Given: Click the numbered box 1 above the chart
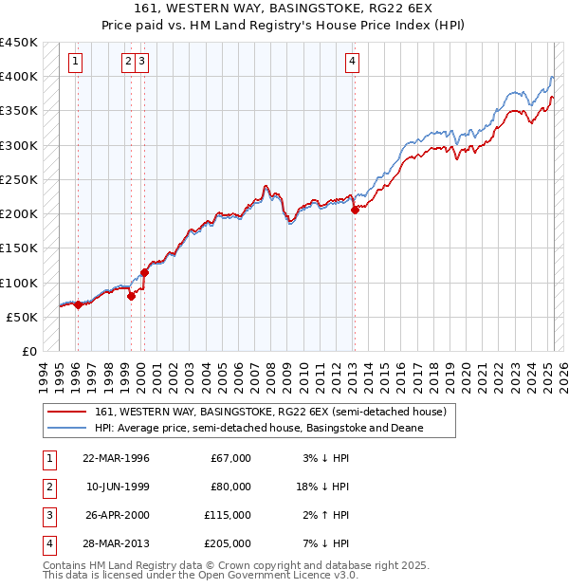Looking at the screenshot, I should click(x=75, y=63).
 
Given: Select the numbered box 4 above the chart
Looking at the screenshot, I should click(x=352, y=63).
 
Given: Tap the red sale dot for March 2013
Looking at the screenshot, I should click(x=355, y=211).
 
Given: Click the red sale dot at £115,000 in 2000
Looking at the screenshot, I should click(x=145, y=272).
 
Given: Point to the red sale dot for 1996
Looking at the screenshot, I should click(x=78, y=304).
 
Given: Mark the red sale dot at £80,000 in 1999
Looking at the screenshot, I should click(x=132, y=296).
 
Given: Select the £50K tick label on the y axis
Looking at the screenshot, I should click(x=23, y=317).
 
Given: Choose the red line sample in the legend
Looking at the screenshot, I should click(x=67, y=413).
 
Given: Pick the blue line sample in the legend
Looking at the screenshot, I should click(x=67, y=428).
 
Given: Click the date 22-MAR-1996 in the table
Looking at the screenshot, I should click(x=116, y=459).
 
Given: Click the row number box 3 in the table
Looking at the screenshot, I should click(x=48, y=516).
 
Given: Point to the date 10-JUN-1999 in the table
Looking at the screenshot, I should click(x=116, y=487).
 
